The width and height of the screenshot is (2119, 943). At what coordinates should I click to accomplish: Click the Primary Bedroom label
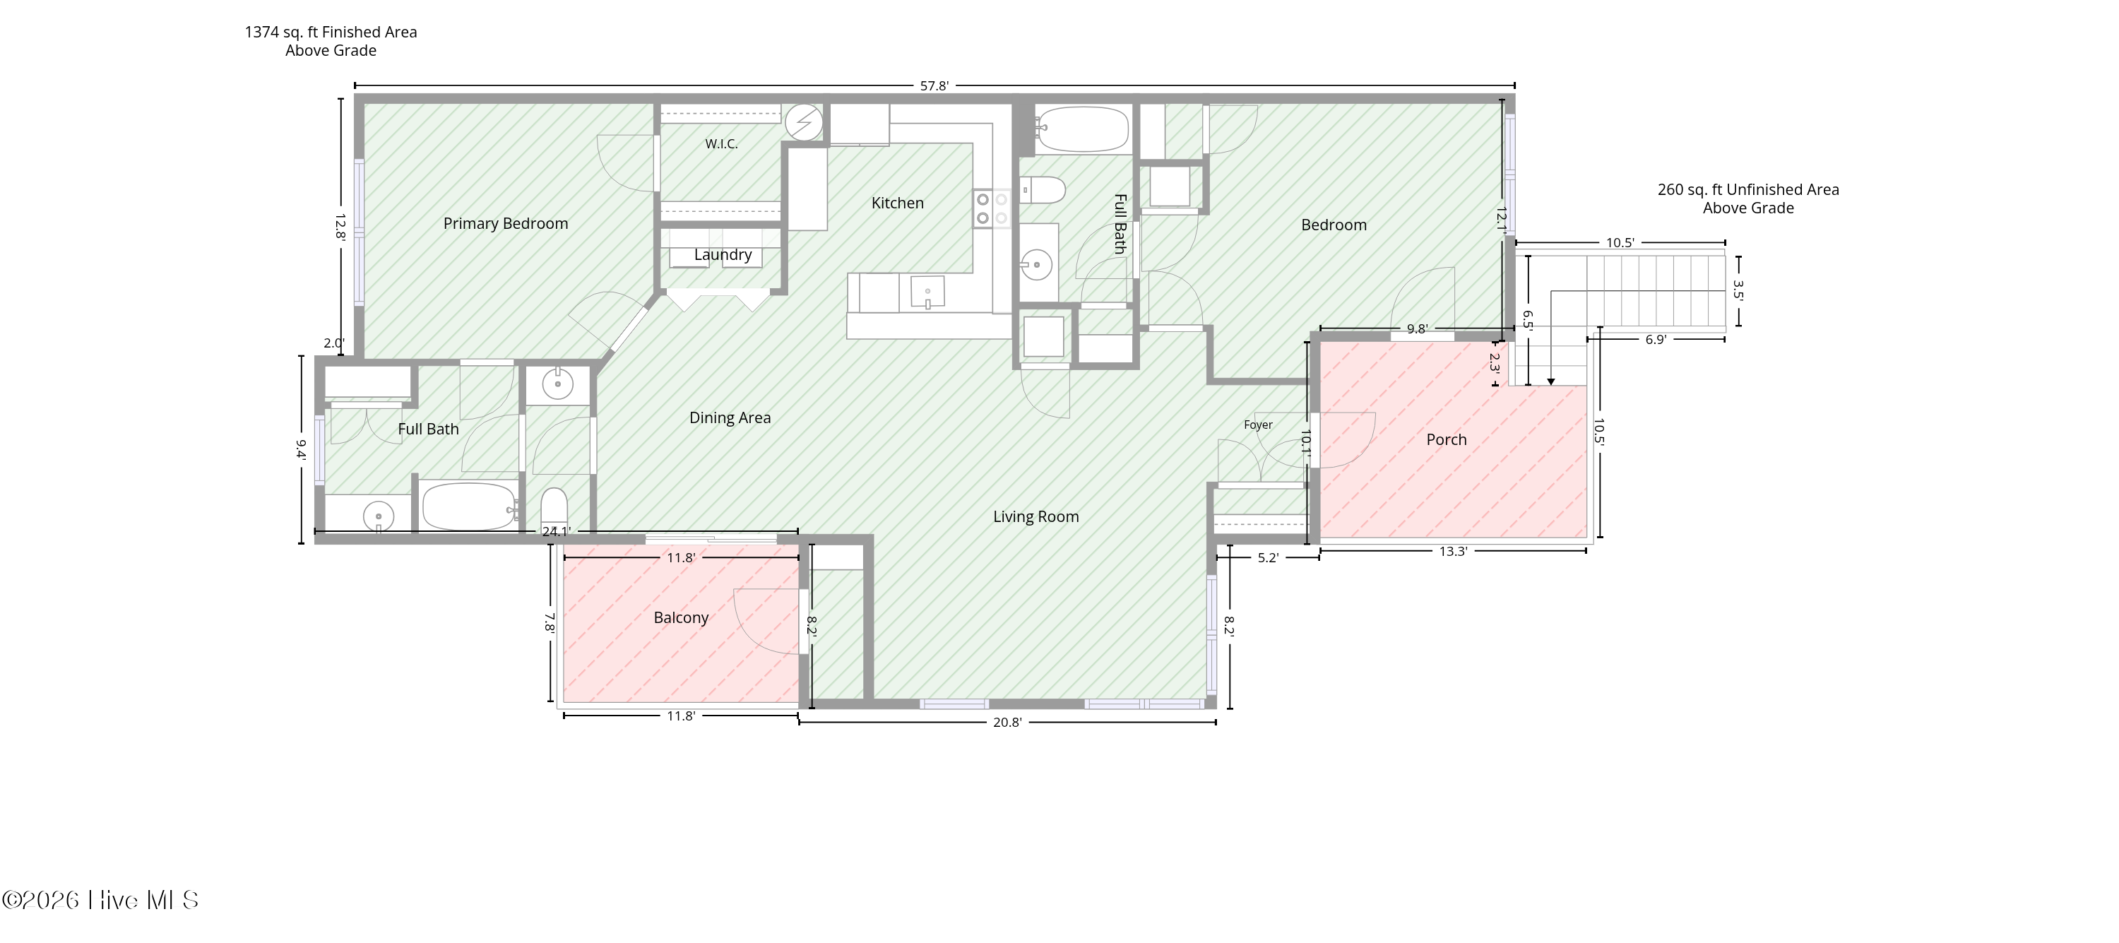point(505,224)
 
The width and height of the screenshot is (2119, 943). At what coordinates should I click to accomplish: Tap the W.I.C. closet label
point(721,144)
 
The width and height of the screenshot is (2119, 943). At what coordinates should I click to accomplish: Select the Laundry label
point(723,255)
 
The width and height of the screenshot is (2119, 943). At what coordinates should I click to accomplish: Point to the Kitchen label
point(898,203)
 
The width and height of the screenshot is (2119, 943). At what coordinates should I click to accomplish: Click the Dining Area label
point(730,418)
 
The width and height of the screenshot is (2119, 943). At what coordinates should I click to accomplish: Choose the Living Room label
point(1035,517)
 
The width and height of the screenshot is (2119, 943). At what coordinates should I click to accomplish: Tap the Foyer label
point(1258,425)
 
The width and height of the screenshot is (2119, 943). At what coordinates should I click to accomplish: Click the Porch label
point(1446,439)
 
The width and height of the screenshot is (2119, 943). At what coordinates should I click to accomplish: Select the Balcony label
point(681,618)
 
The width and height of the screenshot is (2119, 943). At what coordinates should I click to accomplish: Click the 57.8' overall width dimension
point(934,85)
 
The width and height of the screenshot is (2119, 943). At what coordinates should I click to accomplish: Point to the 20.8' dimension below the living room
point(1008,723)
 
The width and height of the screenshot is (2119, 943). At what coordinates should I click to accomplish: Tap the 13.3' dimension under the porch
point(1453,551)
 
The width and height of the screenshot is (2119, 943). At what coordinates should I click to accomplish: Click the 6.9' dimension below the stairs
point(1655,339)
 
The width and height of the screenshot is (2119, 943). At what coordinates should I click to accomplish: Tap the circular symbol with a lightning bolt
point(804,124)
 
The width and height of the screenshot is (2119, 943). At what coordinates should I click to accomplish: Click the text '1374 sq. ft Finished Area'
point(331,32)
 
